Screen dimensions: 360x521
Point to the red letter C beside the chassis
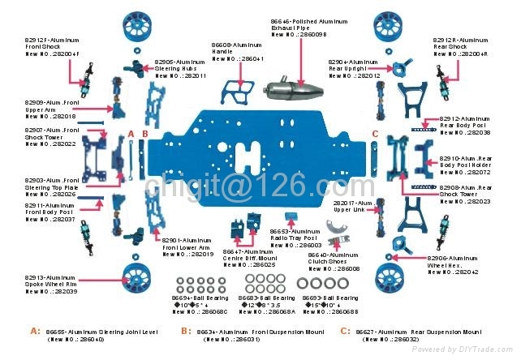click(375, 133)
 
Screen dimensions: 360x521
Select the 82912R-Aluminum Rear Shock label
click(460, 46)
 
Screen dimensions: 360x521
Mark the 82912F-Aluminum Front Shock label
click(53, 46)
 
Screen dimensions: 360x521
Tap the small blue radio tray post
click(291, 216)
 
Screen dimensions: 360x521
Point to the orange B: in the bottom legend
click(187, 331)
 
